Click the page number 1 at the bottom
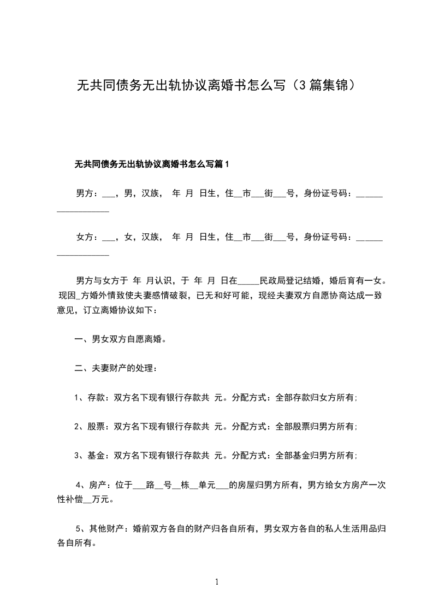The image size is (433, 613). point(217,582)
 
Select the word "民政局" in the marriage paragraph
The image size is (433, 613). point(274,281)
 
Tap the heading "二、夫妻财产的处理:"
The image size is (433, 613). point(116,368)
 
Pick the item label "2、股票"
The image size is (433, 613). point(87,426)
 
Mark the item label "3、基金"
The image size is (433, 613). point(87,455)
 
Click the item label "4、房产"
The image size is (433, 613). point(90,484)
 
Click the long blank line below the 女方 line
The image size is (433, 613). point(83,255)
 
